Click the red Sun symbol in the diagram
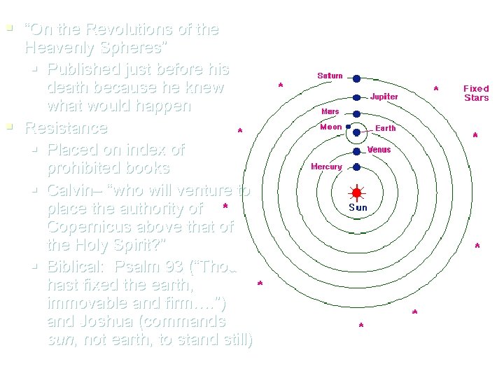[356, 192]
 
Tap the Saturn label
[330, 76]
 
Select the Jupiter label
[384, 97]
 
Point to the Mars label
[330, 111]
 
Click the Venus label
[379, 150]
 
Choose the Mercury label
[326, 167]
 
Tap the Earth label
[386, 128]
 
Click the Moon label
[330, 127]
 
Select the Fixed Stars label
[476, 93]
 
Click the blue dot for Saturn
[356, 78]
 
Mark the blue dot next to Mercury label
[356, 167]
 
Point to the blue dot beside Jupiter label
[356, 97]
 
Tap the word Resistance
[66, 128]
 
